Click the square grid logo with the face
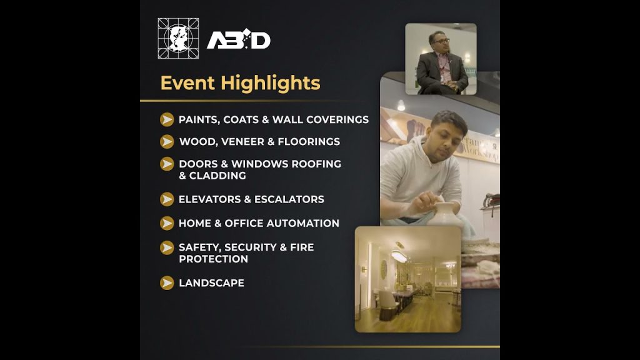tap(178, 38)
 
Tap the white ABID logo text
tap(238, 39)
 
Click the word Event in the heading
tap(187, 83)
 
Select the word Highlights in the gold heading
tap(271, 84)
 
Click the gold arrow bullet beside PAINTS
tap(167, 119)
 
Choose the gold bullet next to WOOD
tap(167, 142)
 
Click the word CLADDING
tap(217, 176)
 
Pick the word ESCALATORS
tap(289, 199)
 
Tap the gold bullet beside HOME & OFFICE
tap(167, 223)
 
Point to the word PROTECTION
tap(214, 259)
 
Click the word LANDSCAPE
tap(211, 283)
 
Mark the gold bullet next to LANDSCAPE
tap(167, 283)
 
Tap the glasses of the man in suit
tap(441, 41)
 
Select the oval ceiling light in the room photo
tap(399, 257)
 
